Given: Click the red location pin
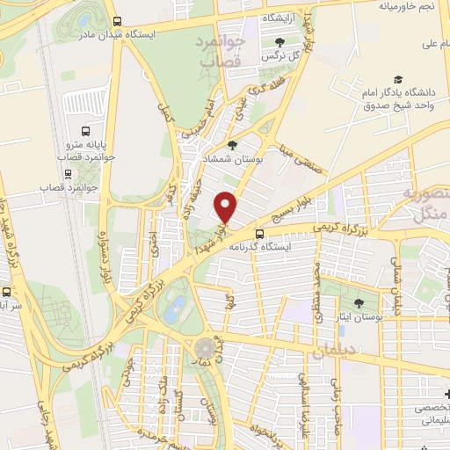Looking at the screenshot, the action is tap(226, 207).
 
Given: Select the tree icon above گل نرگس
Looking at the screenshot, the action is tap(280, 42).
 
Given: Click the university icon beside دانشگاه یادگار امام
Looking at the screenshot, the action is tap(398, 79).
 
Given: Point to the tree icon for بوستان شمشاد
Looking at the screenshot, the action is tap(232, 145).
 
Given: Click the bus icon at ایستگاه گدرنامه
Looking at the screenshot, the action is tap(259, 234).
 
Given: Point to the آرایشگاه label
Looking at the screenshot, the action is tap(283, 18).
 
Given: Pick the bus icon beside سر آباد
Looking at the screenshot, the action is tap(7, 290).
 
